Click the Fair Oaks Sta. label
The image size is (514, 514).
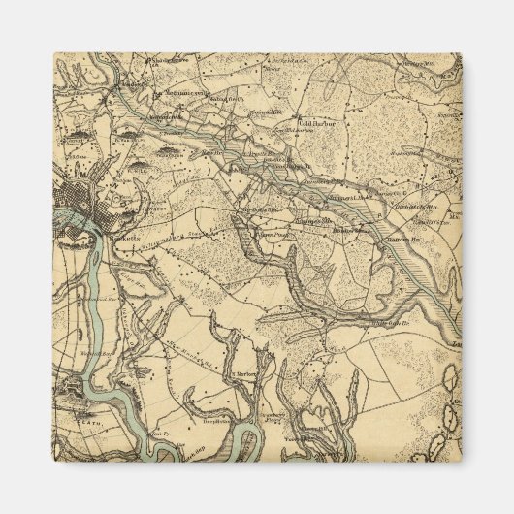coord(259,209)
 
